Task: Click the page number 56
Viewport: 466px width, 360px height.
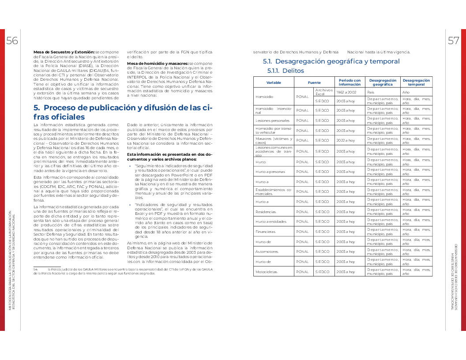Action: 12,41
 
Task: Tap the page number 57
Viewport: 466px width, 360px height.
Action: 454,41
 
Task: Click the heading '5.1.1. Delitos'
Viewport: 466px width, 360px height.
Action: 286,71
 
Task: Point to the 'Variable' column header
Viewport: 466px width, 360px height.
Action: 274,82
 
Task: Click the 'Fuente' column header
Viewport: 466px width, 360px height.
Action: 314,82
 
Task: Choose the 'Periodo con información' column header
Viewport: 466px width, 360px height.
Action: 349,82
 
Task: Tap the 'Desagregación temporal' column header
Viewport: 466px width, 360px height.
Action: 416,82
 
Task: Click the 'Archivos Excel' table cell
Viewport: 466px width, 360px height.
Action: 324,92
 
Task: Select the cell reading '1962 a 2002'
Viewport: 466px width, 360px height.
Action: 346,92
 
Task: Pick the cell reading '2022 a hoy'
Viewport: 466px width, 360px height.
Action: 346,140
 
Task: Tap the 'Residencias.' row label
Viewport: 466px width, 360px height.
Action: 265,212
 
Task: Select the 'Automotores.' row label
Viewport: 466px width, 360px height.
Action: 267,252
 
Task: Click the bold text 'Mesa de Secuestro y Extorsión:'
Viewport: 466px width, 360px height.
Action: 64,52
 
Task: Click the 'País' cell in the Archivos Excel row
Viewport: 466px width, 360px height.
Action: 370,92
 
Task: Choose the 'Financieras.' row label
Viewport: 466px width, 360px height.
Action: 266,232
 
